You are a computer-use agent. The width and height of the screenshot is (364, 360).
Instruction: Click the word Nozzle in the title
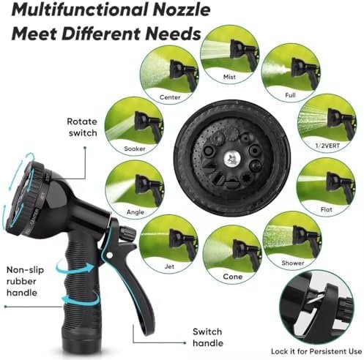182,10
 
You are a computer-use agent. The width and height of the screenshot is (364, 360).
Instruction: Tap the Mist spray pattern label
229,77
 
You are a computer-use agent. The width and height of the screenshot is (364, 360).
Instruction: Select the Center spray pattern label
170,97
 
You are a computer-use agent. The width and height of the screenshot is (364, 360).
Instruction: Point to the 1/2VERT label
327,146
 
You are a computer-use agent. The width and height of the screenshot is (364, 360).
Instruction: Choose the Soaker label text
135,149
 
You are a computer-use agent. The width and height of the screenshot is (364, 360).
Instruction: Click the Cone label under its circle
233,277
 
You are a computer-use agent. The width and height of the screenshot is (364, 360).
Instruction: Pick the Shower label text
293,263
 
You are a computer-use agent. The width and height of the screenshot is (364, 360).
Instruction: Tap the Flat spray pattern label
327,209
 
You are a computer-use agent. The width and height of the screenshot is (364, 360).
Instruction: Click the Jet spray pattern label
169,266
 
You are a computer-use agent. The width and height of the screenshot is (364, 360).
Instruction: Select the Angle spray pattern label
135,212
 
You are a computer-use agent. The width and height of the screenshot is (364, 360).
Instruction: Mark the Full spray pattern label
290,95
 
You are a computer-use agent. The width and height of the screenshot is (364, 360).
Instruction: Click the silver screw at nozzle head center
231,159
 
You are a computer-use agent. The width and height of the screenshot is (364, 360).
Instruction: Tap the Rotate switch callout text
82,127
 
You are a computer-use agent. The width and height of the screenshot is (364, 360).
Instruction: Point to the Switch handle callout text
208,337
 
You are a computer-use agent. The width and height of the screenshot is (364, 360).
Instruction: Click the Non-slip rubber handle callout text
25,281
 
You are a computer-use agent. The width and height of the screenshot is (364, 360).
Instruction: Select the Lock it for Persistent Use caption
316,351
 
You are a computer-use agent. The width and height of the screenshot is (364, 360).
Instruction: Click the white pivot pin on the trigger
110,255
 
